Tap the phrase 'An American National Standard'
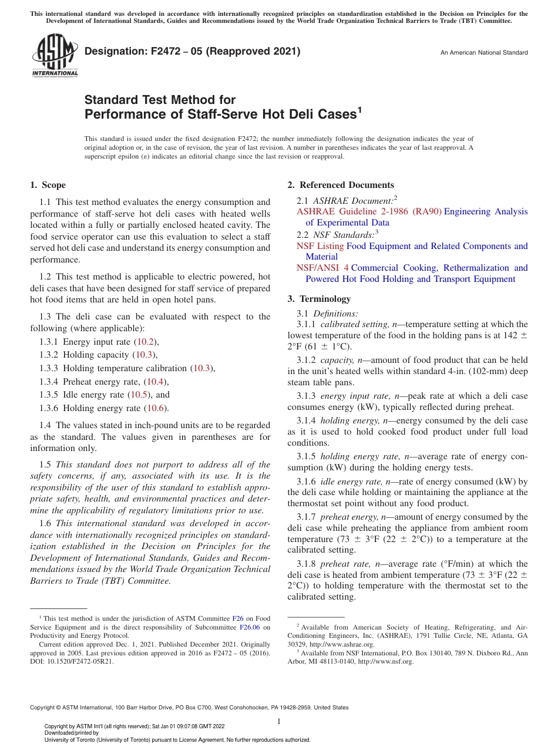484,53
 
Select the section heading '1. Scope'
48,185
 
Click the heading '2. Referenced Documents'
341,185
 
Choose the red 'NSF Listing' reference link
320,246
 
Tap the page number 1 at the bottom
279,721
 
